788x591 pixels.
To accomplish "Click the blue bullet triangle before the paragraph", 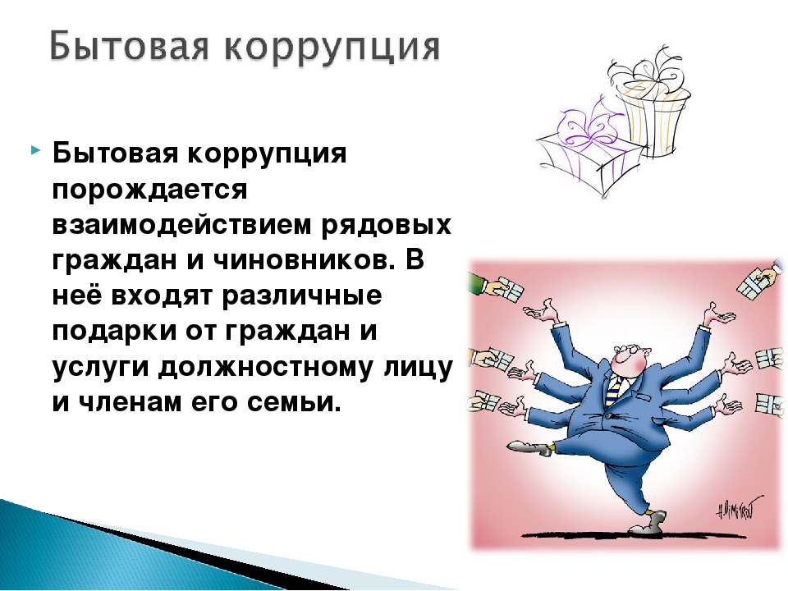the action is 34,149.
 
